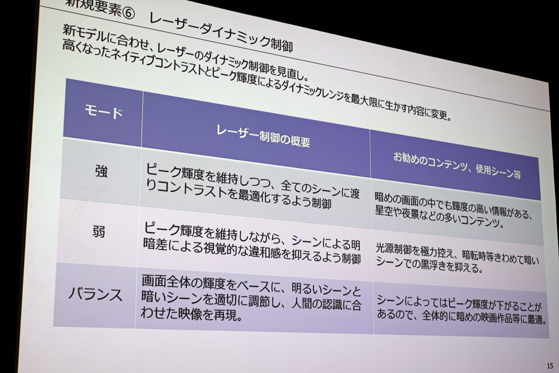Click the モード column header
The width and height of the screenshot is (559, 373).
pyautogui.click(x=104, y=112)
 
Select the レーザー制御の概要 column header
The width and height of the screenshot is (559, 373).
pyautogui.click(x=263, y=136)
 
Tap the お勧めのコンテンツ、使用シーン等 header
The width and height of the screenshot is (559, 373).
pyautogui.click(x=457, y=165)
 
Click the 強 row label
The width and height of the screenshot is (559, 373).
pyautogui.click(x=101, y=172)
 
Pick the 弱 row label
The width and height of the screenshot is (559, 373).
pyautogui.click(x=99, y=232)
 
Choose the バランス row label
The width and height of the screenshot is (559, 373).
pyautogui.click(x=95, y=295)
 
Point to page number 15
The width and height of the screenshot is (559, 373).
pyautogui.click(x=550, y=366)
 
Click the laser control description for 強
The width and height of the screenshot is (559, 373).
pyautogui.click(x=252, y=186)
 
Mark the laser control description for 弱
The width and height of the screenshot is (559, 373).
pyautogui.click(x=252, y=243)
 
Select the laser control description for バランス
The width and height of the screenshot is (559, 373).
pyautogui.click(x=251, y=297)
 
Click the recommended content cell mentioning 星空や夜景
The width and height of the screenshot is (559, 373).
pyautogui.click(x=453, y=210)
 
